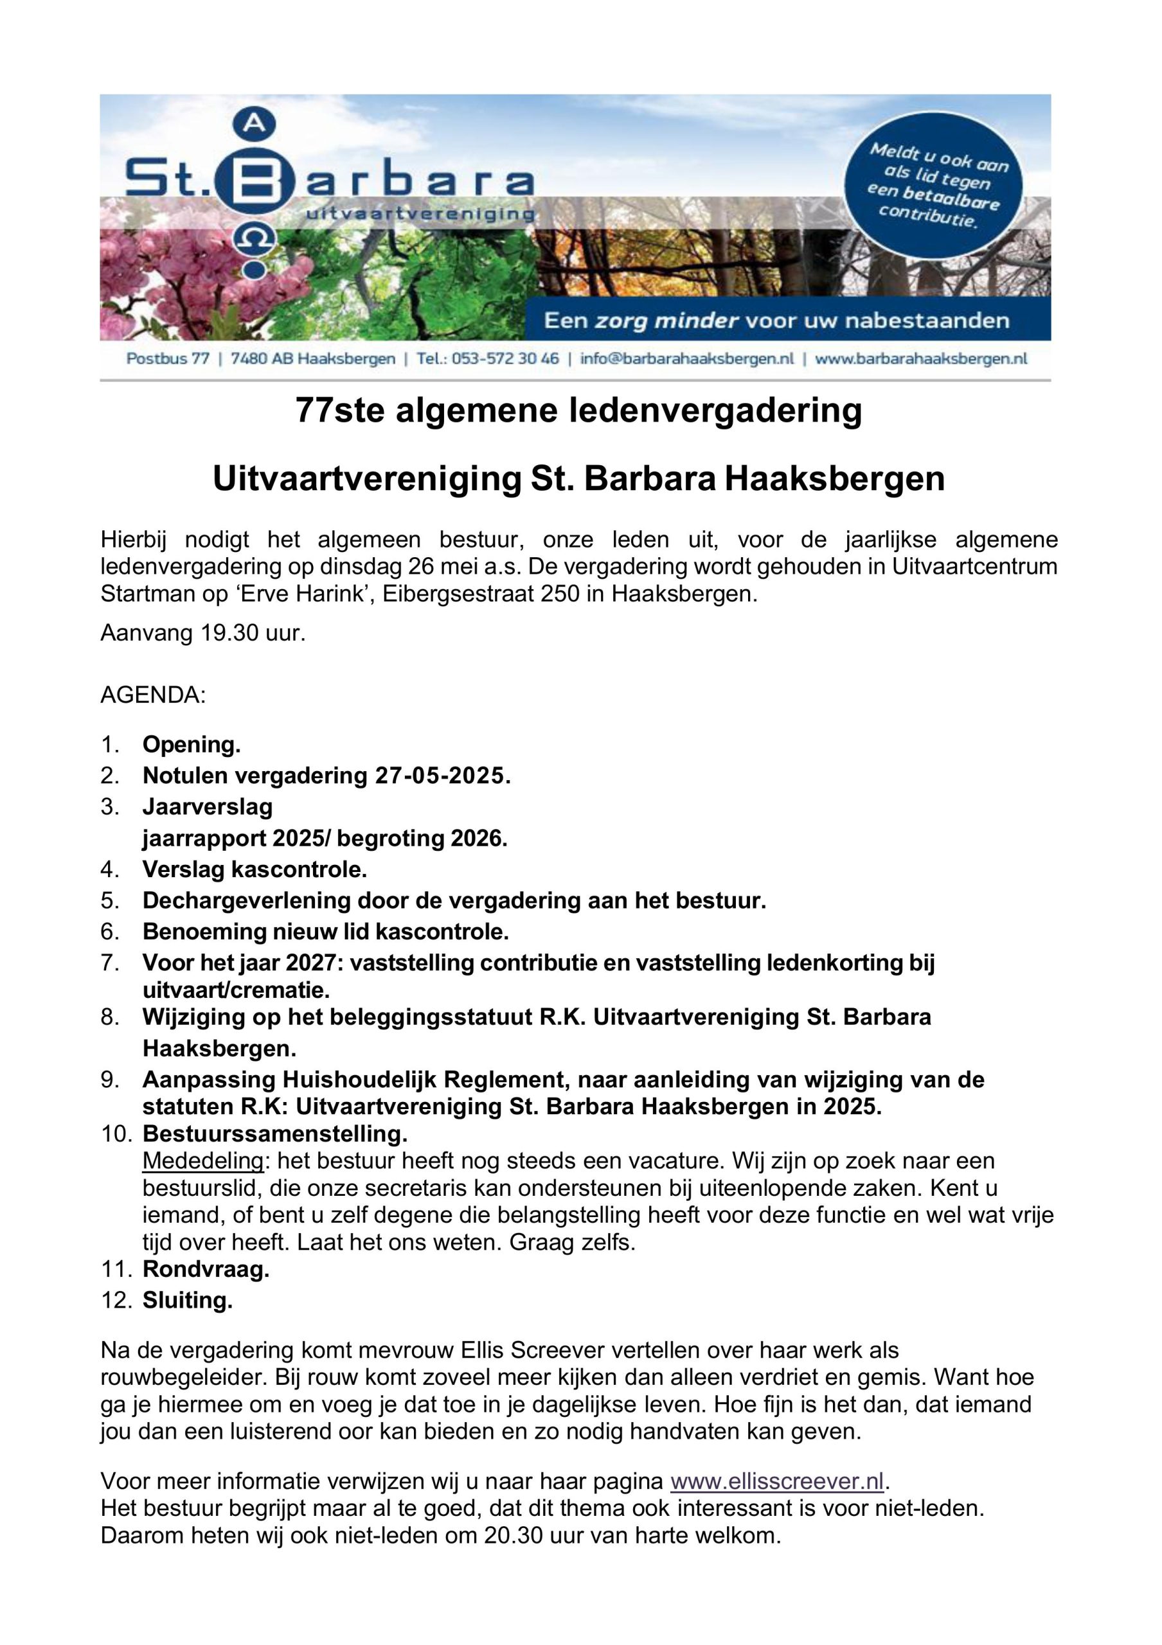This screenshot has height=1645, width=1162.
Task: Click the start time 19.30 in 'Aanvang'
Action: tap(229, 634)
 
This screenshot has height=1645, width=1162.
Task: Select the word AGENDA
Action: tap(152, 696)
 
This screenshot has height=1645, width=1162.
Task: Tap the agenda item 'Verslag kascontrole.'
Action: tap(255, 870)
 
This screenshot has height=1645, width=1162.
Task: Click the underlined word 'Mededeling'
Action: tap(202, 1160)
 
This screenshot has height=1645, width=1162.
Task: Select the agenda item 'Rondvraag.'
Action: tap(206, 1270)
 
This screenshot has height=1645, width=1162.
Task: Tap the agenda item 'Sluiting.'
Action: tap(187, 1301)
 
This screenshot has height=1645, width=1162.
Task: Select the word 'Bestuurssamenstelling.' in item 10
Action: tap(274, 1134)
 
